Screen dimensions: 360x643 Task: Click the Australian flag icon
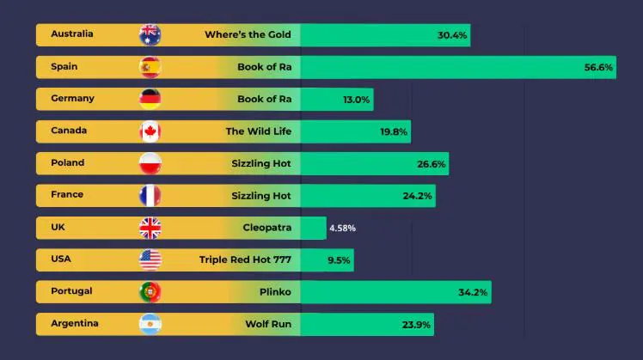click(150, 35)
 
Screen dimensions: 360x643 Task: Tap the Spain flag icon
click(150, 67)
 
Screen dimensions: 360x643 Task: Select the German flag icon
click(150, 99)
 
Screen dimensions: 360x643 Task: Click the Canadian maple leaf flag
click(150, 131)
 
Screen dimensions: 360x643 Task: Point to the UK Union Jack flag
click(150, 228)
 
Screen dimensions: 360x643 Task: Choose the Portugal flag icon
click(150, 292)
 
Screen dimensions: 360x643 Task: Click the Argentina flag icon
click(150, 324)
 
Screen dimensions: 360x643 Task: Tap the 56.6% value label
click(598, 67)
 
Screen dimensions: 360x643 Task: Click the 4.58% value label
click(342, 229)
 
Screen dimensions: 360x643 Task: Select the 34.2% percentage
click(473, 292)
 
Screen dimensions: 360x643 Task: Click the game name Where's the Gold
click(248, 35)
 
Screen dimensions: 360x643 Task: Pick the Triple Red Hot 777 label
click(245, 260)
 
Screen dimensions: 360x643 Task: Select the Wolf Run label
click(268, 324)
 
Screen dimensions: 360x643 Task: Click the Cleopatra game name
click(266, 228)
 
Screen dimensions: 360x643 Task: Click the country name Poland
click(68, 162)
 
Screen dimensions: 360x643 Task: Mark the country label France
click(67, 194)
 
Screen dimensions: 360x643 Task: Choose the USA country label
click(61, 259)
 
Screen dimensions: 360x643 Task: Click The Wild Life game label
click(258, 131)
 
